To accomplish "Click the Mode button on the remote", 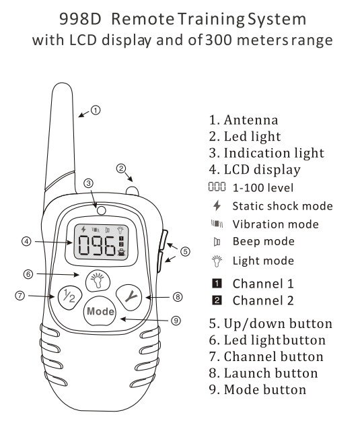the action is tap(100, 311).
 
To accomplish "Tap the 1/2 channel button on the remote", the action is tap(69, 296).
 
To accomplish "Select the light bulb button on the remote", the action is tap(98, 281).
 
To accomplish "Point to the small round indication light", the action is tap(102, 210).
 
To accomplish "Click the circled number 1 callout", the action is tap(96, 110).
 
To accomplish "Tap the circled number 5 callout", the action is tap(185, 251).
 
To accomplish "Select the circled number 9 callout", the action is tap(176, 321).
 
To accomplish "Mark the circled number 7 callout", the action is tap(20, 296).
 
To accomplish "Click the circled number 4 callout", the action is tap(26, 241).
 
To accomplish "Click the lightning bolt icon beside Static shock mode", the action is tap(217, 205).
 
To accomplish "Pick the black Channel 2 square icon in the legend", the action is tap(217, 300).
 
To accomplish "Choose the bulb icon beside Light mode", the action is tap(217, 261).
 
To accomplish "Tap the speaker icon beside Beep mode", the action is tap(217, 242).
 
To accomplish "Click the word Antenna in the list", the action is tap(251, 120).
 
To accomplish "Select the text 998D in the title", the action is tap(80, 20).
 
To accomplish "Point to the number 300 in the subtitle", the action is tap(219, 40).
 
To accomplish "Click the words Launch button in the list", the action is tap(271, 373).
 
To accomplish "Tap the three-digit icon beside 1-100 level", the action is tap(217, 187).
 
